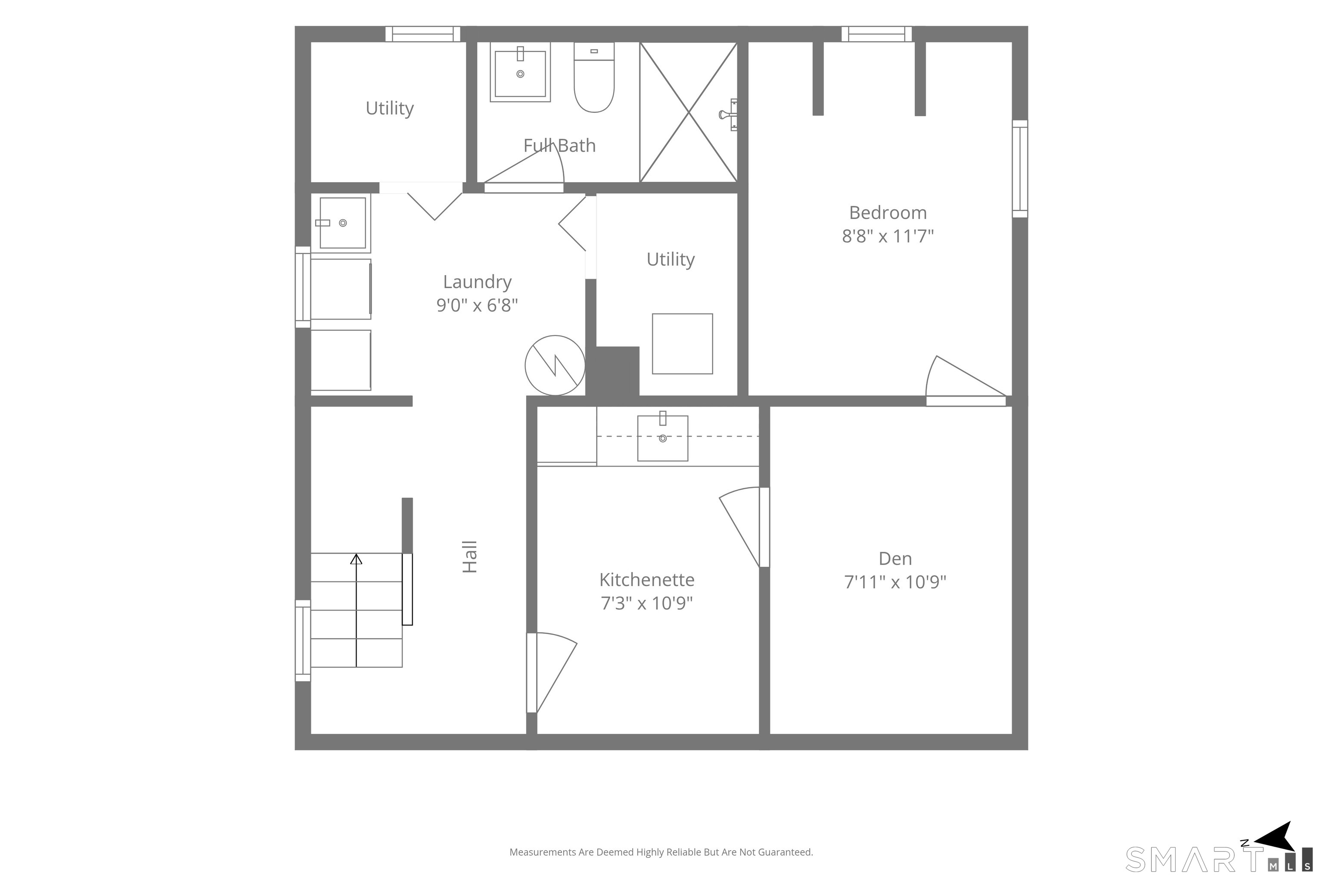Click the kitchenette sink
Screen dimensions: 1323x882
coord(663,437)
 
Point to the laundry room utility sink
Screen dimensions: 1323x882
coord(342,223)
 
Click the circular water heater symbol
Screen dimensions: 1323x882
coord(555,366)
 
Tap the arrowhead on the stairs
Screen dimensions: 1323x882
coord(356,559)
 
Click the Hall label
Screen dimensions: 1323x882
coord(470,557)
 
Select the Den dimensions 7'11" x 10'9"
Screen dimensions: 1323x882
coord(895,582)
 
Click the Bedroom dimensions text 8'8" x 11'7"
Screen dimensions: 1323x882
coord(888,236)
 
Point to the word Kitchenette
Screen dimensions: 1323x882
coord(647,579)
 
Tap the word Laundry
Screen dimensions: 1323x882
coord(478,282)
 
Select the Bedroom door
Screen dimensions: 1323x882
coord(966,381)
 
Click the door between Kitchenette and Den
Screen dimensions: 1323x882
coord(744,527)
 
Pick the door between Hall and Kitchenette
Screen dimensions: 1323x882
coord(552,673)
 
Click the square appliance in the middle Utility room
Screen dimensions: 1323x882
coord(682,344)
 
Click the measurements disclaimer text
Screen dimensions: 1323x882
coord(661,852)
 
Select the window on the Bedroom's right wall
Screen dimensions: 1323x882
coord(1020,169)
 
